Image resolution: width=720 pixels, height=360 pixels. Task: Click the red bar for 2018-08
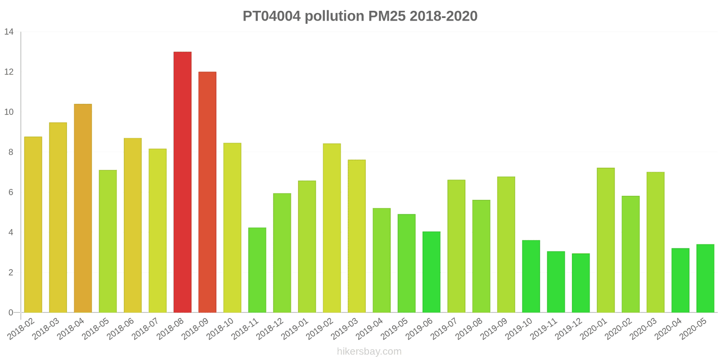(x=182, y=182)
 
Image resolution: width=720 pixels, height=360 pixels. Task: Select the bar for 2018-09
(x=207, y=192)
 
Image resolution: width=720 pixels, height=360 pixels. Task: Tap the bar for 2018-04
(x=83, y=208)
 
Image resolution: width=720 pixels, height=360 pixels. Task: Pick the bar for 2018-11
(x=257, y=270)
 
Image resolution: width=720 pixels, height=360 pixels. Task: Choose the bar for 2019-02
(x=332, y=228)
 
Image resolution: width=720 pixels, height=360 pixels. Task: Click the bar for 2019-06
(x=432, y=272)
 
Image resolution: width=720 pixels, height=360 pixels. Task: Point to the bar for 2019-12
(x=581, y=283)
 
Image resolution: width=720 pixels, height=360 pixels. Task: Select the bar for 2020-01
(x=606, y=240)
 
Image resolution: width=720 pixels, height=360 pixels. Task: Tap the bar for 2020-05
(x=705, y=279)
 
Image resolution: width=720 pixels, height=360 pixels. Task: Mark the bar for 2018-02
(x=33, y=225)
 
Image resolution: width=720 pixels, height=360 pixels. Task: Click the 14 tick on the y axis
(x=9, y=32)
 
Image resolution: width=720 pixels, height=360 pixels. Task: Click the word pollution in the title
(x=334, y=16)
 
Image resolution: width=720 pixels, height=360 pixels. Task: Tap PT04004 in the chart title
(x=271, y=16)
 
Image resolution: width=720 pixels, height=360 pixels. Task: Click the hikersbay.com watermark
(x=369, y=351)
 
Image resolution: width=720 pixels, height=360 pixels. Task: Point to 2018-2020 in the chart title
(x=443, y=16)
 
